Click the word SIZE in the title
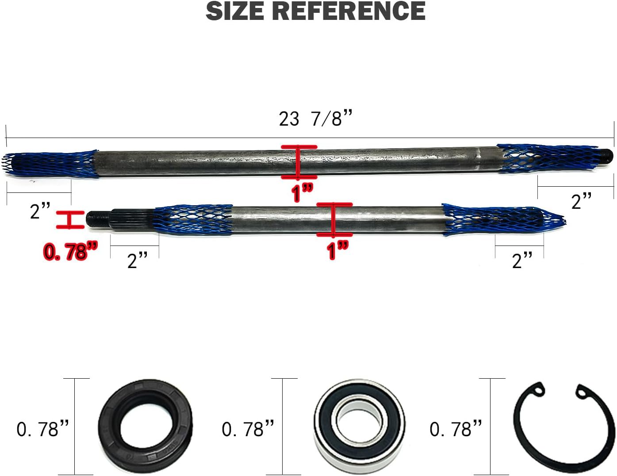[236, 11]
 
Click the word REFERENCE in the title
[349, 11]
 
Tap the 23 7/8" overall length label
[315, 119]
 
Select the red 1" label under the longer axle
[302, 193]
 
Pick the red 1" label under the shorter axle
[337, 250]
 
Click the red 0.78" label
[70, 251]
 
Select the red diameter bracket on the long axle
[299, 162]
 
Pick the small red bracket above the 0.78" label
[70, 220]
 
